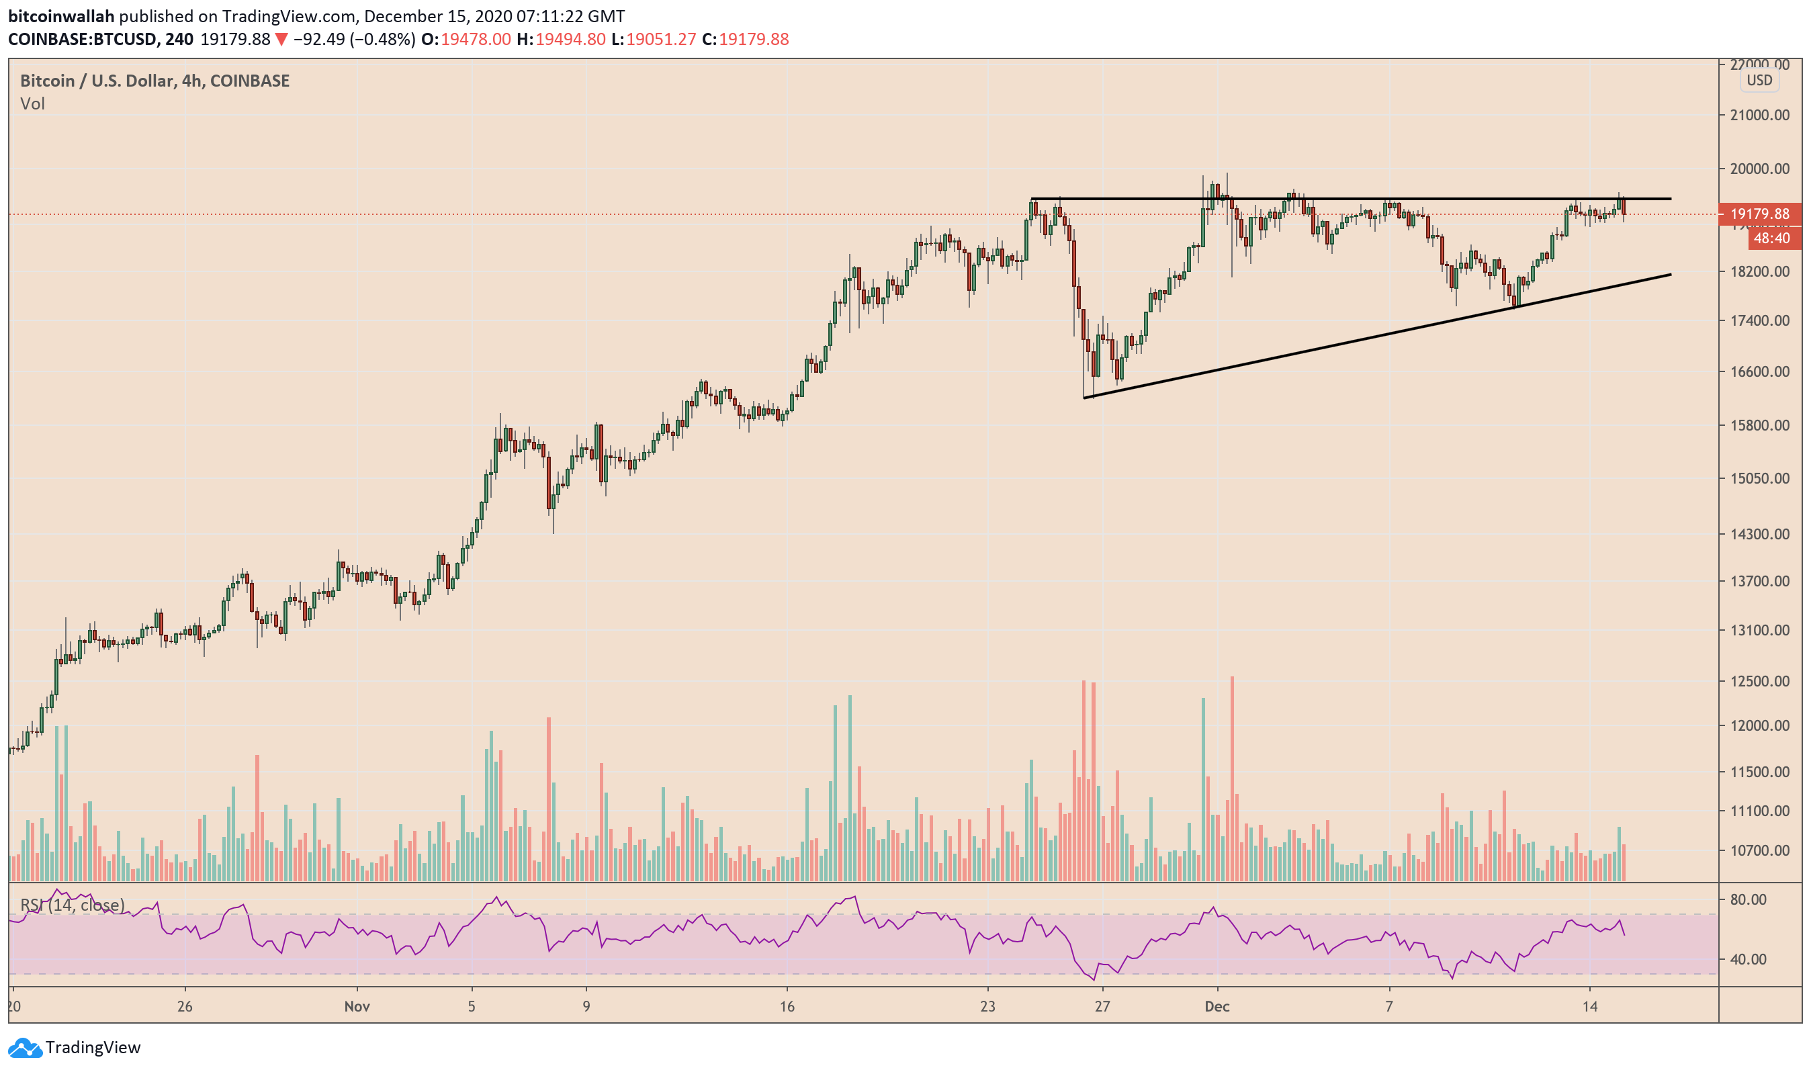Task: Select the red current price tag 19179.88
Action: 1760,214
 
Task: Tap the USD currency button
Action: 1759,80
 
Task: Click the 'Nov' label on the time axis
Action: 357,1006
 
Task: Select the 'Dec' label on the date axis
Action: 1217,1006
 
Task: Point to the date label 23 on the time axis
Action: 987,1006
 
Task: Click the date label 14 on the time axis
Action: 1589,1006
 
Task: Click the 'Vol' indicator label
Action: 32,104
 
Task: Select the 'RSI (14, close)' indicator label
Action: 73,905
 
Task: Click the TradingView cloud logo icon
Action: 25,1047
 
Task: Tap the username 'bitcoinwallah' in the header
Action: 61,16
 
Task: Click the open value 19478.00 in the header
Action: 476,39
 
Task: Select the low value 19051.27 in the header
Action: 660,39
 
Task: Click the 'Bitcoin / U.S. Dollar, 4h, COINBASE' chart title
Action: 154,81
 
